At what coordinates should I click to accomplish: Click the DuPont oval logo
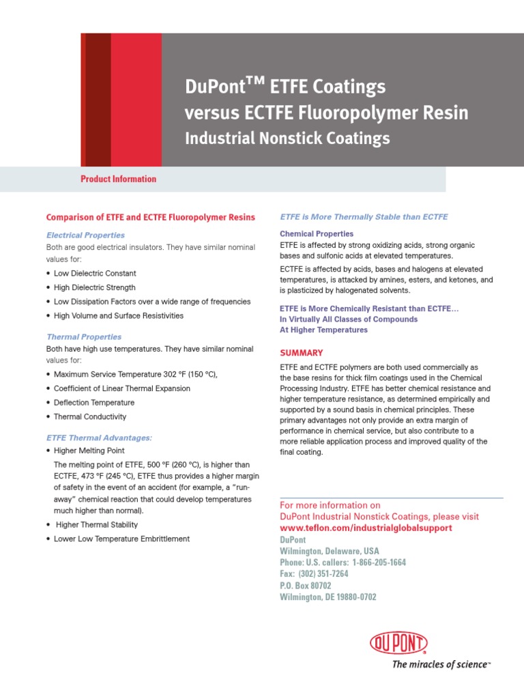tap(398, 643)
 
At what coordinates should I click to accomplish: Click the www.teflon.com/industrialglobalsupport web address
tap(366, 528)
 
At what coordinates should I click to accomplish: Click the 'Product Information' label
tap(118, 179)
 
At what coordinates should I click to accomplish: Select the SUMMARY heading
tap(302, 353)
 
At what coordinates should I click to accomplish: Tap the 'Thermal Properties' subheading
tap(84, 337)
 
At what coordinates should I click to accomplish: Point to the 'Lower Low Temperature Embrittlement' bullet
tap(121, 539)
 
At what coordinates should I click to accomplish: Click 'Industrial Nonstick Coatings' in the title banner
tap(287, 138)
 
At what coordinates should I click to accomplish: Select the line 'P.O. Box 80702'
tap(306, 586)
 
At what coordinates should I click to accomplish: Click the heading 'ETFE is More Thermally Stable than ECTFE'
tap(364, 217)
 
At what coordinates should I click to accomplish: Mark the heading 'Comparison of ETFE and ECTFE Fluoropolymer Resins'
tap(150, 217)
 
